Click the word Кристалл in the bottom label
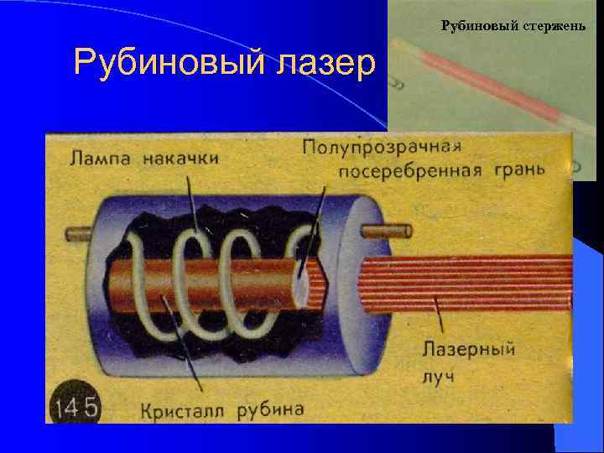184,409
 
